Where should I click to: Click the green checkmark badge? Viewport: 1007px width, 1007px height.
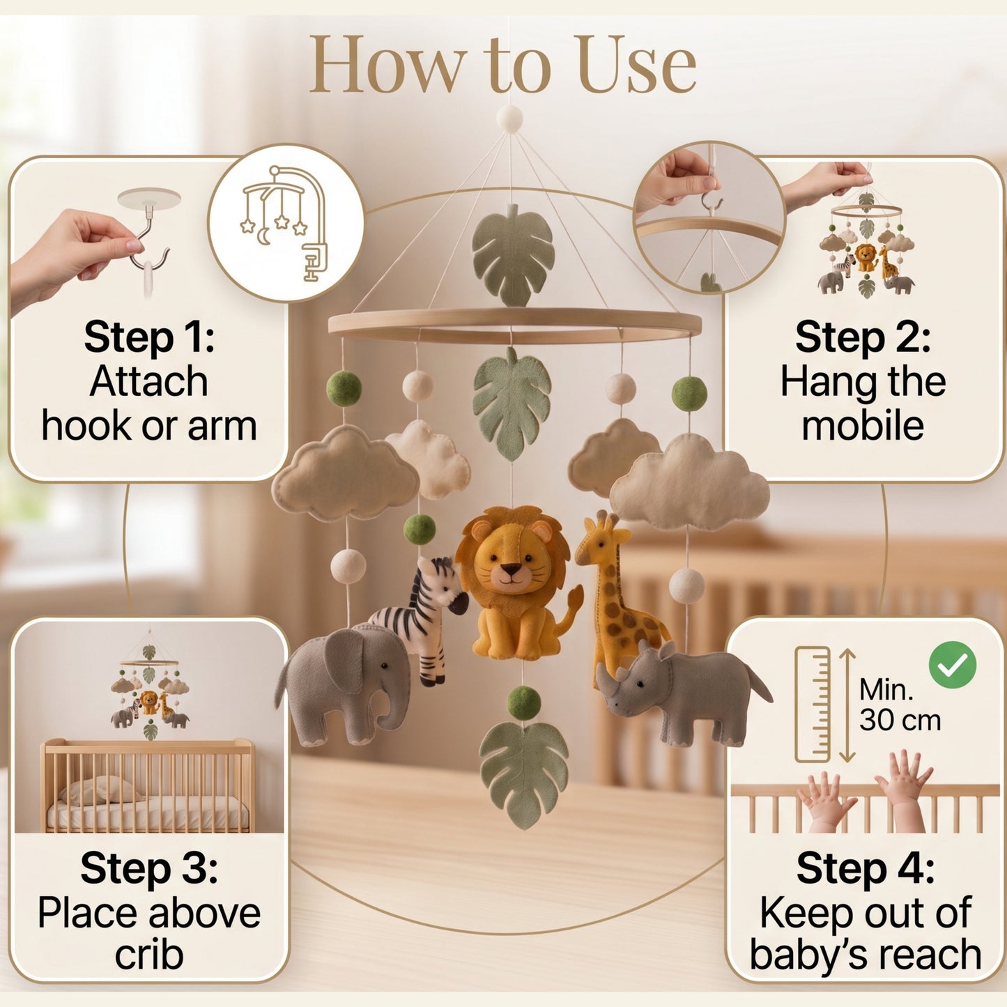click(x=952, y=666)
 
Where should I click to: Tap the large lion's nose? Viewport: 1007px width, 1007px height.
click(x=511, y=568)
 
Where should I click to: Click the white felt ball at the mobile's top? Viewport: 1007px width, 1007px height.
click(x=509, y=118)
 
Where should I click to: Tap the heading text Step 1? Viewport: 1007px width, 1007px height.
click(x=149, y=338)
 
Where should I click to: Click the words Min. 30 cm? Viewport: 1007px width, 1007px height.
click(x=900, y=705)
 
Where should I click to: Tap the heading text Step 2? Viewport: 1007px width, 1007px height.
click(x=863, y=338)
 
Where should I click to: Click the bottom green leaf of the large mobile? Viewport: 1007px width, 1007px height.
click(x=523, y=774)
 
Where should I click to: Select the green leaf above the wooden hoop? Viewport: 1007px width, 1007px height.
click(x=513, y=256)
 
